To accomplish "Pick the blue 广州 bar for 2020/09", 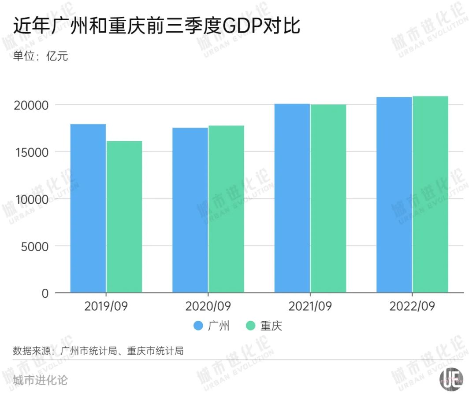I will (x=190, y=210).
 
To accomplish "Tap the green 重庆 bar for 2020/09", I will (x=226, y=209).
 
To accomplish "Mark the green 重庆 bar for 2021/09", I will (x=328, y=198).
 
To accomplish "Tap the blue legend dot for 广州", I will (x=198, y=326).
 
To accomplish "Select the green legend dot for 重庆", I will (x=251, y=326).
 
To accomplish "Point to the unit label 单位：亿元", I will (x=40, y=56).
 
